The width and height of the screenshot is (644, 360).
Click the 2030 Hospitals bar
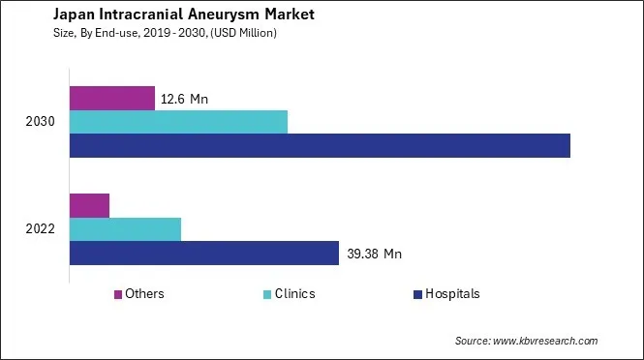(x=320, y=145)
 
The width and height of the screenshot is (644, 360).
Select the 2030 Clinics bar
(x=179, y=122)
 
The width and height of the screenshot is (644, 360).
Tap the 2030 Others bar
(x=112, y=98)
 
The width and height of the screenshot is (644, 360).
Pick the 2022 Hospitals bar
(x=204, y=254)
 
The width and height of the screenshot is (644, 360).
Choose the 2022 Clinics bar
(x=126, y=229)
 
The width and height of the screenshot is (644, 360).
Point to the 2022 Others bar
(x=90, y=205)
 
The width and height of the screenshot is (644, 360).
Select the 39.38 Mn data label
(x=374, y=255)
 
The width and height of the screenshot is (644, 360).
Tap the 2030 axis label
(x=41, y=122)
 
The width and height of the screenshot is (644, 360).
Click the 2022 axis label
(x=41, y=229)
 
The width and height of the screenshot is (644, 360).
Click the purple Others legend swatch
(x=118, y=294)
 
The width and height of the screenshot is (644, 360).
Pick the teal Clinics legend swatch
(x=267, y=294)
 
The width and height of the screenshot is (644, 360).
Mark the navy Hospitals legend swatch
(x=417, y=294)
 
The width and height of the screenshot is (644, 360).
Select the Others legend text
(x=144, y=294)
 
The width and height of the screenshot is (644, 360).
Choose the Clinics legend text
(x=295, y=294)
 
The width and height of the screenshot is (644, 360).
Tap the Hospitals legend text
(x=452, y=294)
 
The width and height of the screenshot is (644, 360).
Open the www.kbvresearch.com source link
(x=545, y=341)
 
